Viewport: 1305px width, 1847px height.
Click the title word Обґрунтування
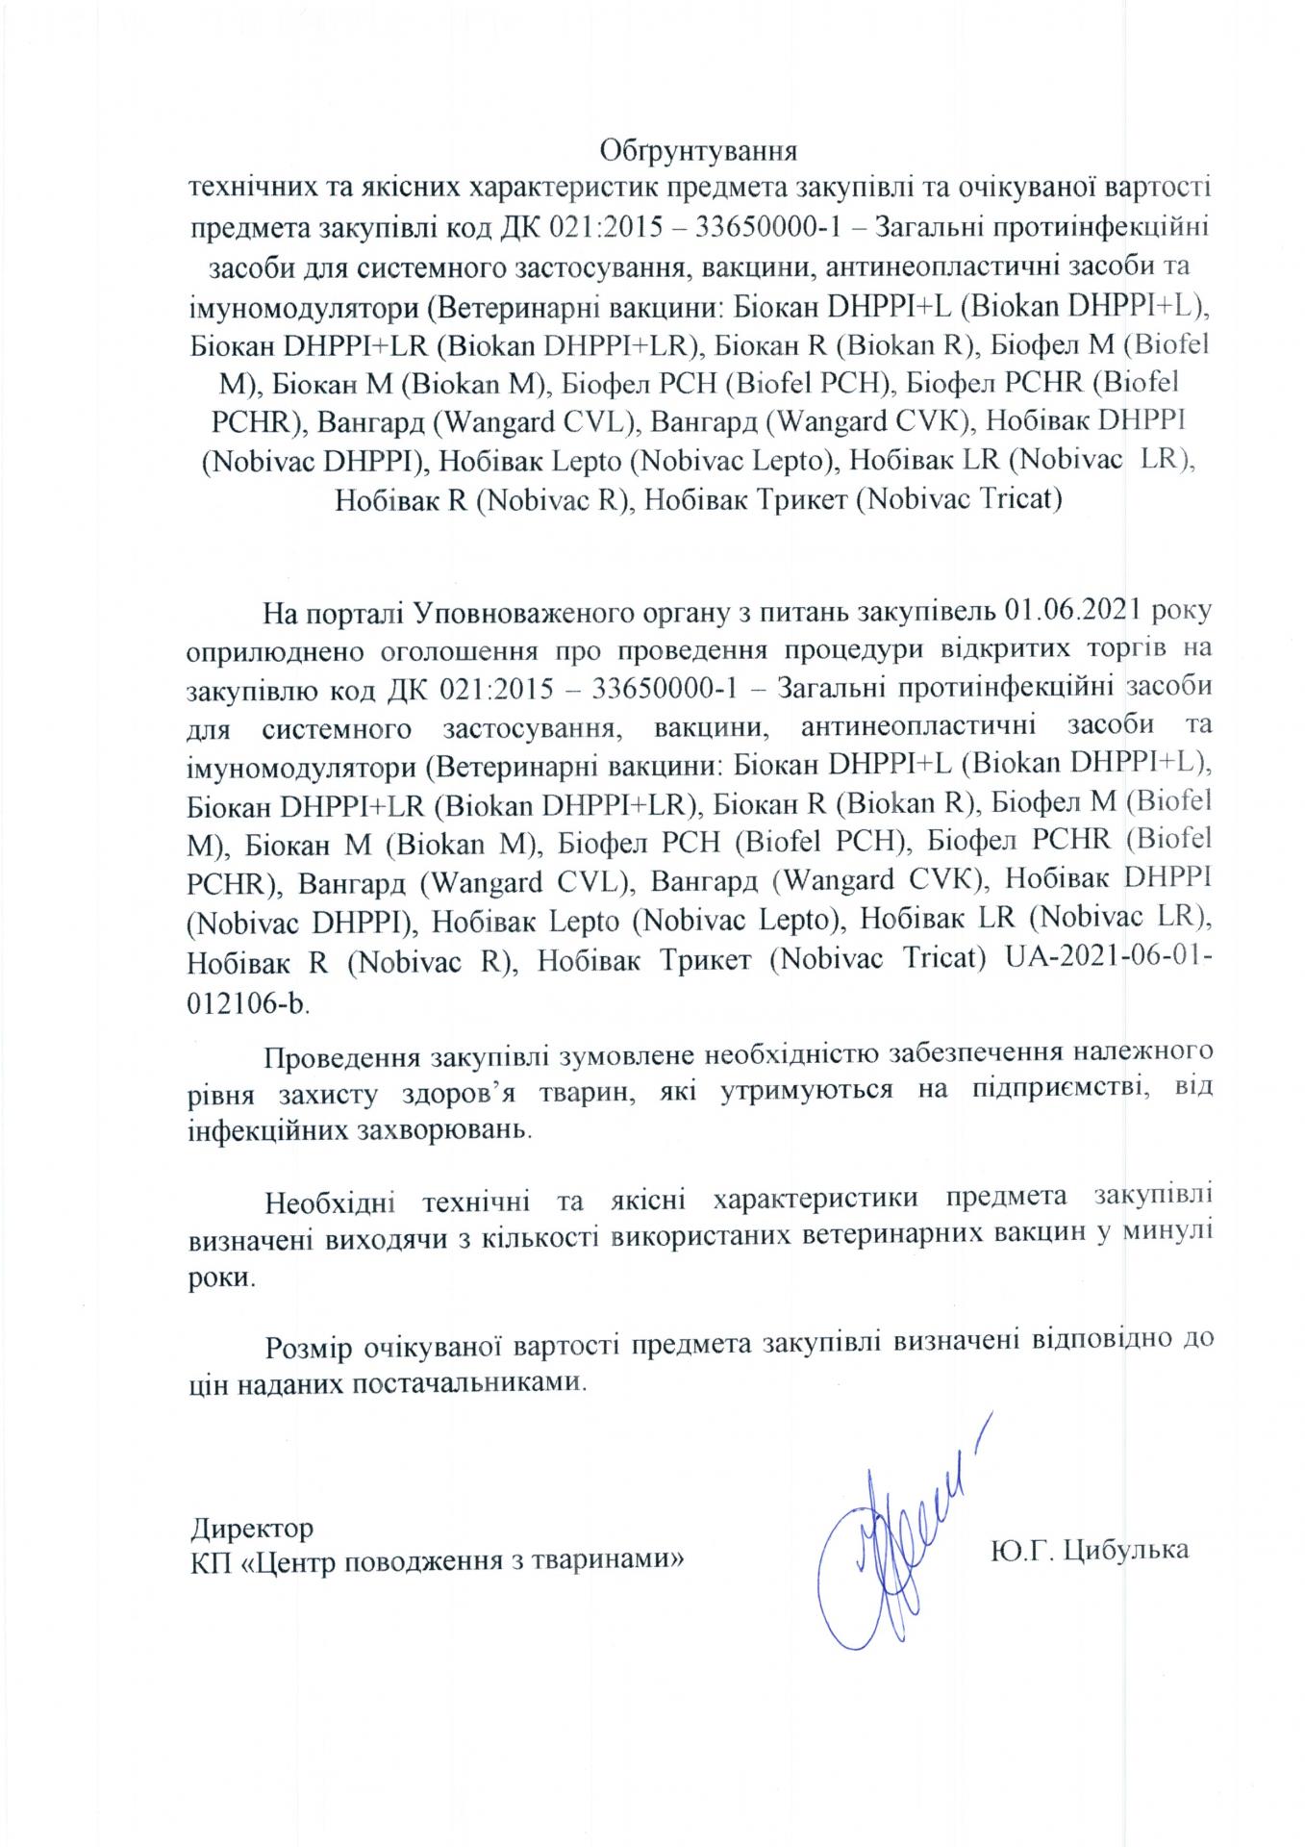coord(699,151)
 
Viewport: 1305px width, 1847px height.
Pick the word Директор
coord(252,1527)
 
